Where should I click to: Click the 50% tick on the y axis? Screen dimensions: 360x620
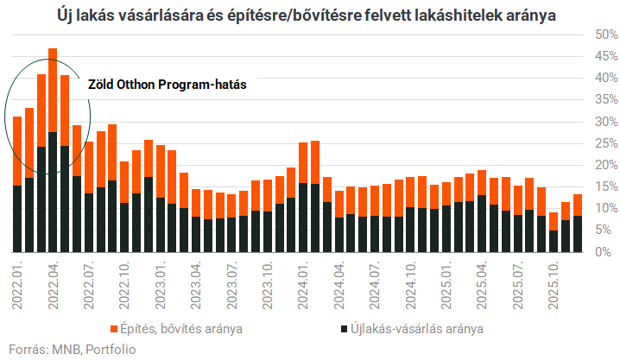[x=601, y=35]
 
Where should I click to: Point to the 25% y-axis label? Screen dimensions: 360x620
[x=601, y=143]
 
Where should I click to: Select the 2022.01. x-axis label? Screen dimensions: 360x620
[x=17, y=285]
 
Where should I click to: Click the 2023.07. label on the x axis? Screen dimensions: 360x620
[x=232, y=285]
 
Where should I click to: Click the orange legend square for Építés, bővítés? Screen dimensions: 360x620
[x=113, y=329]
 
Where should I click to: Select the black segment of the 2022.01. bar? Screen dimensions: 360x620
[x=17, y=219]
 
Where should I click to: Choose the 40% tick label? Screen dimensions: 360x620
[x=601, y=78]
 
